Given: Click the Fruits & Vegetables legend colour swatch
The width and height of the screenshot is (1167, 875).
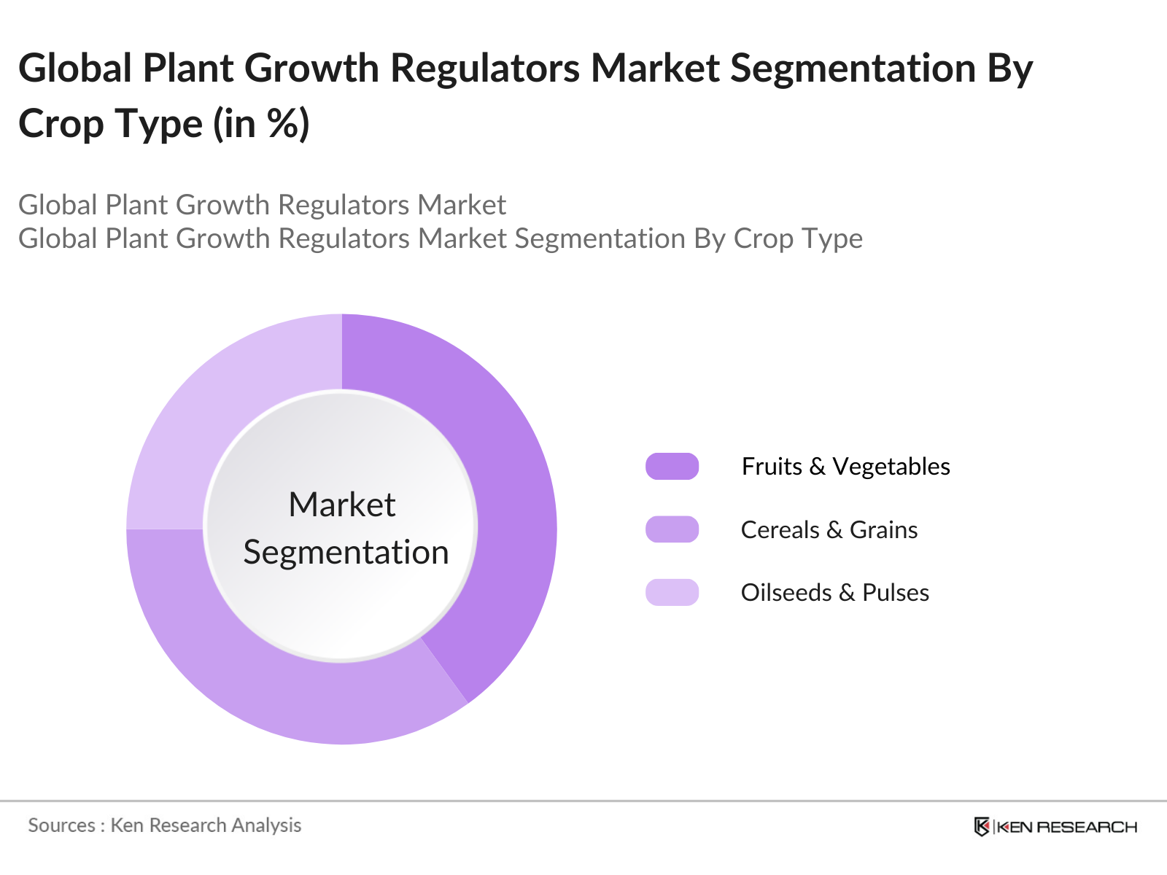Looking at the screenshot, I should coord(672,466).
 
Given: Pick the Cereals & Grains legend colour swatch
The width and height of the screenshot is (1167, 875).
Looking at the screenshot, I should coord(672,529).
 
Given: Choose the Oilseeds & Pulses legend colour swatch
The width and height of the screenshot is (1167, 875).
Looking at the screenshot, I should coord(672,592).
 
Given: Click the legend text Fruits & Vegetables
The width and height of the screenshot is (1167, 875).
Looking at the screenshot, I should coord(845,466).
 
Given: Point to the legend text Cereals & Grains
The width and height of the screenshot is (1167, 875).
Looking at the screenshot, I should coord(829,529).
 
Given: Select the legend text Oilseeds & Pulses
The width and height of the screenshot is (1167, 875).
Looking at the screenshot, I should coord(834,592).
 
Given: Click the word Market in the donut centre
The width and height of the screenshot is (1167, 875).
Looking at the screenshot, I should coord(342,505).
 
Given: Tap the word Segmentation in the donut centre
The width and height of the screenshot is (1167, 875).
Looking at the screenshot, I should coord(346,552).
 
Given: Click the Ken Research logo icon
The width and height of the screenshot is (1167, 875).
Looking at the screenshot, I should coord(982,826).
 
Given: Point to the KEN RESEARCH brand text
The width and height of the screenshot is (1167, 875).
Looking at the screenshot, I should coord(1066,827).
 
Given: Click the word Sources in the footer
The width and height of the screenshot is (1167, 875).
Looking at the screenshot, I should coord(61,825).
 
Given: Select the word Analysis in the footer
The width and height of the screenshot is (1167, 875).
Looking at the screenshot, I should coord(266,825).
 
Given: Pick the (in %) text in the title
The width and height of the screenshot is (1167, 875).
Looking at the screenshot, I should coord(261,124).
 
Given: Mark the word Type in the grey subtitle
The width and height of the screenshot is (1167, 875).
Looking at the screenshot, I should coord(834,239).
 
